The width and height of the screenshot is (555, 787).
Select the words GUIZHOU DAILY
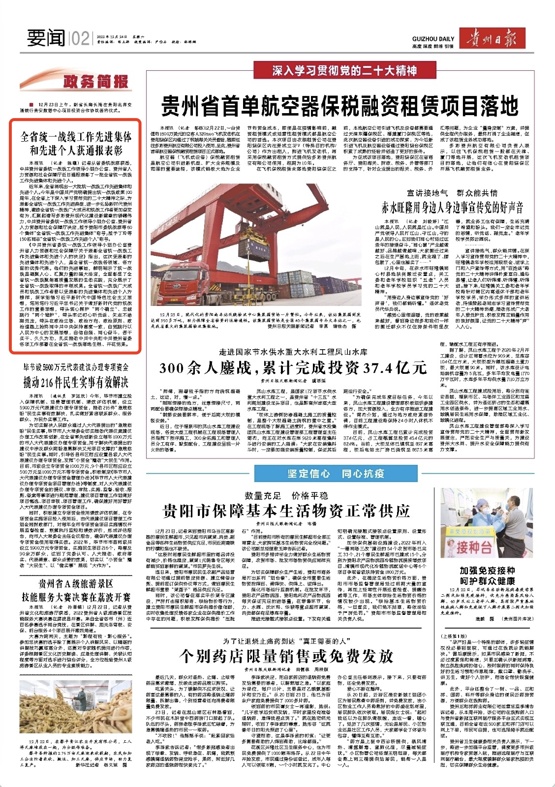[433, 39]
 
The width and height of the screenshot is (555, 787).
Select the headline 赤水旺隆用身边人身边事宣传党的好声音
[452, 207]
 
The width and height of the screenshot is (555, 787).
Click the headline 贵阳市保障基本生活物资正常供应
[286, 512]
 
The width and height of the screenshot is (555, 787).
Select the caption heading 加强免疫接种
[487, 571]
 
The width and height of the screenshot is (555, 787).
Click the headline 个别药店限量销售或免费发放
[286, 656]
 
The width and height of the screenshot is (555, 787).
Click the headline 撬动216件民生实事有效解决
[76, 381]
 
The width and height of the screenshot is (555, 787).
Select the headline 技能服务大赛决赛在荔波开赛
[76, 597]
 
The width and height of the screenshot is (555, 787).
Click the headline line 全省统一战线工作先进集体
[76, 136]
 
